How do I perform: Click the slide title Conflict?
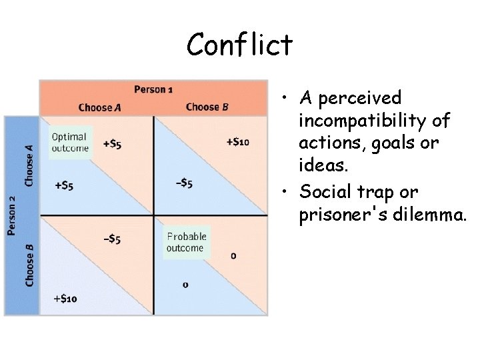tap(239, 45)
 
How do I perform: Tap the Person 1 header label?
tap(154, 89)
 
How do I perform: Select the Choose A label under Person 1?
tap(99, 107)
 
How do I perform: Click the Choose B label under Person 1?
tap(207, 107)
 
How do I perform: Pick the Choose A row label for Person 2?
tap(29, 165)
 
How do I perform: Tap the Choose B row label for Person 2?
tap(29, 265)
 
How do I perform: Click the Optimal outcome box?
tap(70, 142)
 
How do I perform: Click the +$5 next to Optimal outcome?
tap(112, 143)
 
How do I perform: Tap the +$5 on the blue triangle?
tap(63, 185)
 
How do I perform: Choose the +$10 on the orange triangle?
tap(237, 141)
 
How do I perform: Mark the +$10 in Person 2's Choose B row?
tap(65, 298)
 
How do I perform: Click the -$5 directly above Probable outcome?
tap(183, 184)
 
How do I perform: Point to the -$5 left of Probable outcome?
tap(111, 239)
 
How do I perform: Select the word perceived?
tap(360, 99)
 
